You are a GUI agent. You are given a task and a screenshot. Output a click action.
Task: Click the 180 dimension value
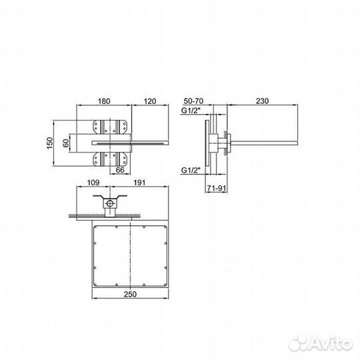(104, 101)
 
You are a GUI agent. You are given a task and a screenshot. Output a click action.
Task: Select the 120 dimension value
(150, 101)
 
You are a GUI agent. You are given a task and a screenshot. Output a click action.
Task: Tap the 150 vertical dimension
(50, 143)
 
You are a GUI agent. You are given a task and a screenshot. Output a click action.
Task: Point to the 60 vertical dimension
(66, 143)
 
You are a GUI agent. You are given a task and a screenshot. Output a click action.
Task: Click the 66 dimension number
(120, 170)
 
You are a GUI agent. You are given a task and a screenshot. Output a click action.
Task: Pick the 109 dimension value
(93, 183)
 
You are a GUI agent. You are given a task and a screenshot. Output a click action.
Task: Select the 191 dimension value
(139, 183)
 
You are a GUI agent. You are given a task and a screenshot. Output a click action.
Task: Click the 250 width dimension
(130, 294)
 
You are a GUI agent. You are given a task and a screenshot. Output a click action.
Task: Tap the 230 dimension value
(262, 101)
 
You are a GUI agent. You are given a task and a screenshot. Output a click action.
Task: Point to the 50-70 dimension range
(193, 101)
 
